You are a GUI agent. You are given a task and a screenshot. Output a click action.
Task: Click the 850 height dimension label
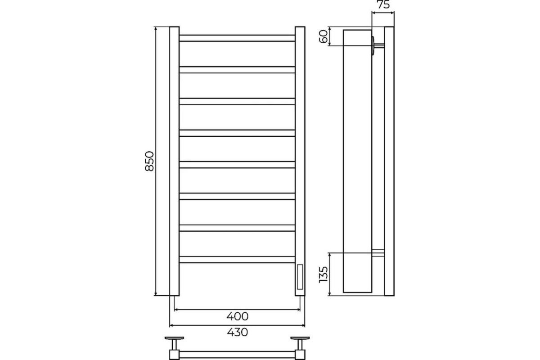[x=149, y=161]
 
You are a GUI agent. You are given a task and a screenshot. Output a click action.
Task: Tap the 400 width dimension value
[x=238, y=316]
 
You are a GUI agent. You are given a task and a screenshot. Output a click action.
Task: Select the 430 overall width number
[x=238, y=332]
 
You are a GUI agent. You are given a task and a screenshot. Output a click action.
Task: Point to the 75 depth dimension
[x=383, y=4]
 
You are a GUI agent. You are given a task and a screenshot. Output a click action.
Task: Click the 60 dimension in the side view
[x=324, y=36]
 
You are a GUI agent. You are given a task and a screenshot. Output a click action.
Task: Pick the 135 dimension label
[x=324, y=274]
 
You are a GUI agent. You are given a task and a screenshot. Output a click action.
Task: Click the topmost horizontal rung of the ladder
[x=237, y=38]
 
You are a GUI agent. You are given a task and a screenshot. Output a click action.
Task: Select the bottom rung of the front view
[x=237, y=260]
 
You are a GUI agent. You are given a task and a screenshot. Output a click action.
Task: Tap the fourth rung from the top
[x=237, y=133]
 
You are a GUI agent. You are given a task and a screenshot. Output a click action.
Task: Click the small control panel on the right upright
[x=300, y=277]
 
